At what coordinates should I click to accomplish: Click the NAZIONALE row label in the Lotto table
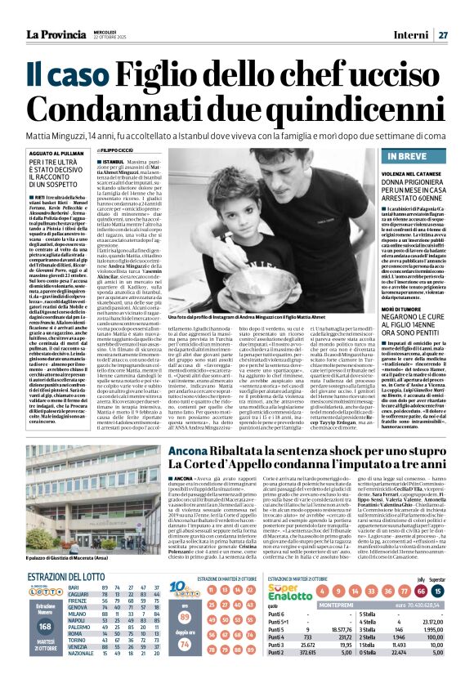pyautogui.click(x=81, y=676)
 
